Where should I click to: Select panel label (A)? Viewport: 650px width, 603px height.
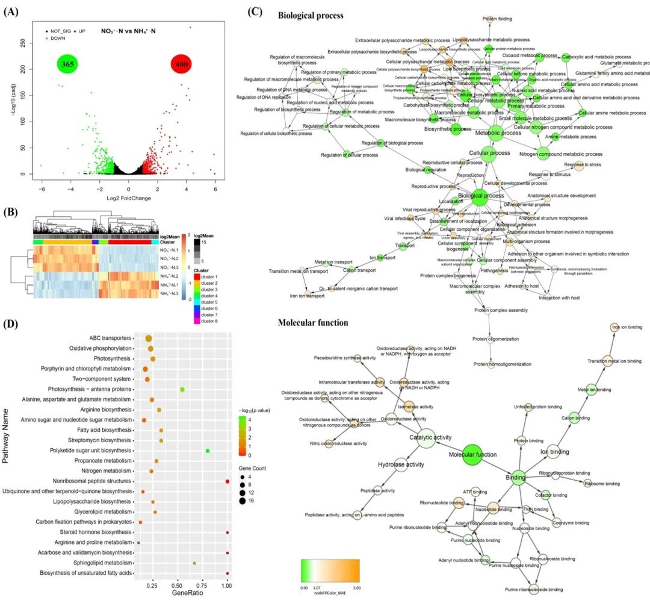[x=11, y=13]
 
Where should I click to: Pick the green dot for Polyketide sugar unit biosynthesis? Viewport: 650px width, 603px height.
[x=207, y=451]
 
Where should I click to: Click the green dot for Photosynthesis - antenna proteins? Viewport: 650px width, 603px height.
[x=182, y=390]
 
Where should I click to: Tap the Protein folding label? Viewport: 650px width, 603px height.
[x=497, y=19]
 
